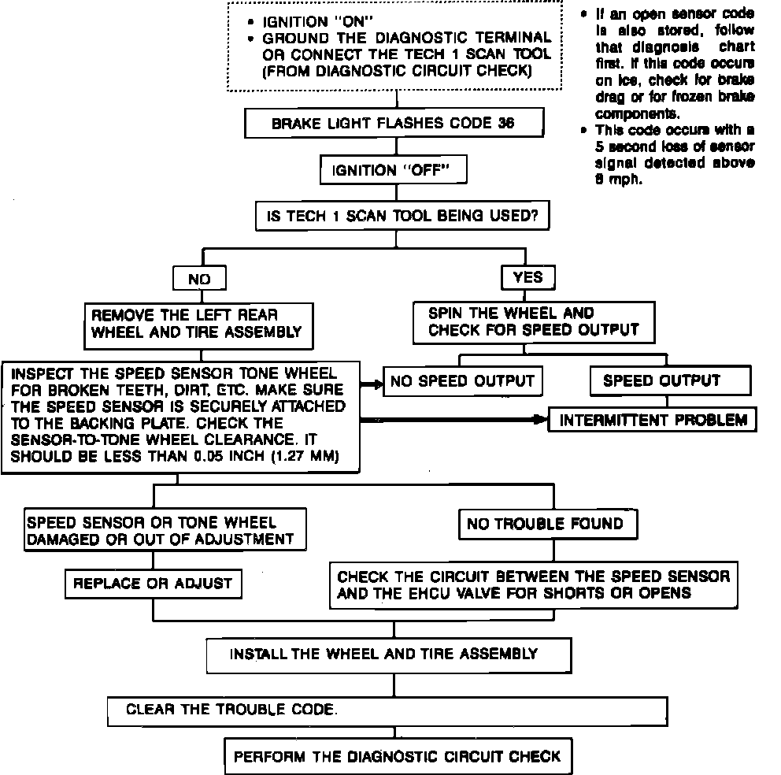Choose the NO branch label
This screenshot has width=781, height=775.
(x=199, y=279)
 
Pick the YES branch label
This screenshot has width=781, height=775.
(x=527, y=278)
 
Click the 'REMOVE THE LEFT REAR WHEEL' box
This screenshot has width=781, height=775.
(x=197, y=323)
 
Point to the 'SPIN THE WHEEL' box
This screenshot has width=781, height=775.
(x=533, y=322)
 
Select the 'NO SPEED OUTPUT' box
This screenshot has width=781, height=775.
(x=462, y=382)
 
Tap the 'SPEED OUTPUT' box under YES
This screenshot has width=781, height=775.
(x=661, y=381)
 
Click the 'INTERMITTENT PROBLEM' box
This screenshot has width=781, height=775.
(x=653, y=420)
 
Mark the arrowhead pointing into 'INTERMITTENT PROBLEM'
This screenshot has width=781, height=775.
(x=542, y=420)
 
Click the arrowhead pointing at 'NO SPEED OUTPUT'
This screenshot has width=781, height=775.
(x=376, y=384)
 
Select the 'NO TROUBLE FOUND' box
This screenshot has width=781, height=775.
(x=545, y=524)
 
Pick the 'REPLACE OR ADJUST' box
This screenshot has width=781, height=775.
(x=153, y=584)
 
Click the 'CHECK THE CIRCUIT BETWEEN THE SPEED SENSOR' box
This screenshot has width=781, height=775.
(x=534, y=584)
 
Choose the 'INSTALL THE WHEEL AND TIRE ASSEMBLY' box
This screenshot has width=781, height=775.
(x=383, y=654)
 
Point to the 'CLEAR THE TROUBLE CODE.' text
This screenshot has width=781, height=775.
(x=231, y=710)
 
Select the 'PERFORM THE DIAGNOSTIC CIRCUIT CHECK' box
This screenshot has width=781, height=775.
(x=397, y=756)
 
